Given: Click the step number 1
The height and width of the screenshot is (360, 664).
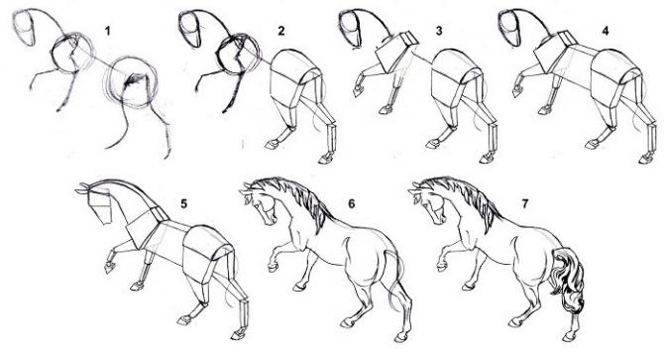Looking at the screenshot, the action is (108, 31).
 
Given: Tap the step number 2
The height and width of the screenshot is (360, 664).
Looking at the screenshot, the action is (281, 31).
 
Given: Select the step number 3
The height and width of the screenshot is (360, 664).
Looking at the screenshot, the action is (439, 31).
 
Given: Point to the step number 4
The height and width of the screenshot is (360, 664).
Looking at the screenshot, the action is (606, 31).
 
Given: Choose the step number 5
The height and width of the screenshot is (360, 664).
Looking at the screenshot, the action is (183, 203).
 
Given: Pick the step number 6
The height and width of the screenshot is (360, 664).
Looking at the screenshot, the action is (352, 203).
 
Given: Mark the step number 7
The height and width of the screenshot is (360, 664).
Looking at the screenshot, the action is (525, 203).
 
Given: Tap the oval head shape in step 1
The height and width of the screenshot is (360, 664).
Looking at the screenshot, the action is (25, 28).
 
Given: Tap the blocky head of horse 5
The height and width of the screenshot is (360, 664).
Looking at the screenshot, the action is (100, 205).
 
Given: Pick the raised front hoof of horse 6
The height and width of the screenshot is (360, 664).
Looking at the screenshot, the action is (273, 267).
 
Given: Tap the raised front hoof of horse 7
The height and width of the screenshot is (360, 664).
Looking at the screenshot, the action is (442, 267).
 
